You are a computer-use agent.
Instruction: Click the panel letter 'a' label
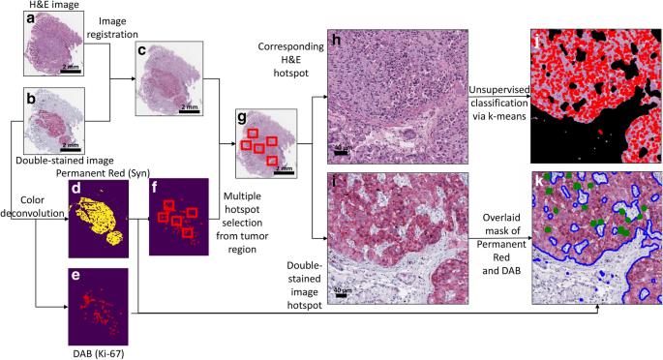click(31, 19)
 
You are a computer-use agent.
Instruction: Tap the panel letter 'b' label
click(31, 98)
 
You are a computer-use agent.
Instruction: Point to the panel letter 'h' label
click(336, 42)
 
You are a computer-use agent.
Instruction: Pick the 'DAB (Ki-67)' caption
click(101, 353)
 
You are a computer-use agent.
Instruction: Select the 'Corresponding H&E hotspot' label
click(289, 59)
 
